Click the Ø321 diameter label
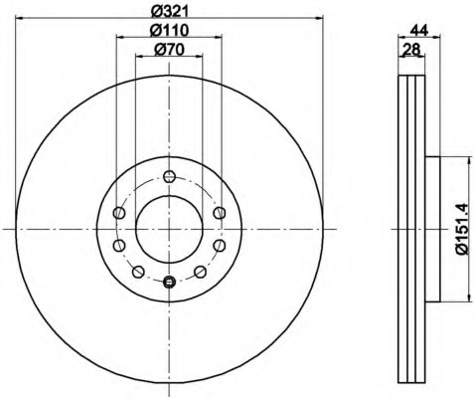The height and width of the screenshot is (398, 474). point(169,11)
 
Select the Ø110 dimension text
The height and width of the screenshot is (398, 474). point(169,31)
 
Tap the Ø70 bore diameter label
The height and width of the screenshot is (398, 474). point(169,50)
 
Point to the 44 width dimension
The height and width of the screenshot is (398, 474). point(419,31)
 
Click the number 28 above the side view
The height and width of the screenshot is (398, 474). point(411,50)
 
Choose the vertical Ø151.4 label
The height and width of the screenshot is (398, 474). point(462,229)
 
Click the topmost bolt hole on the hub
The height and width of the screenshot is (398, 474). point(169,176)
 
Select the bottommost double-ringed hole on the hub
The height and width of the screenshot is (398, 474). point(169,282)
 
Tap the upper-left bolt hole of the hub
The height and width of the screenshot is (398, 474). point(119,213)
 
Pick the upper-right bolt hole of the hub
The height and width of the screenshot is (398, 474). point(220,213)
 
